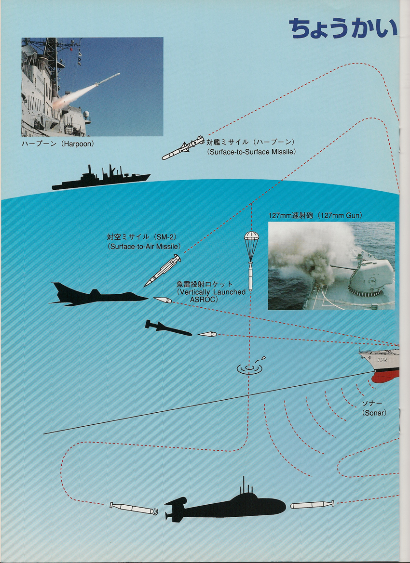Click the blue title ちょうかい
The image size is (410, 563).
[x=343, y=29]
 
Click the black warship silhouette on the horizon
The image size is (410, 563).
[x=101, y=179]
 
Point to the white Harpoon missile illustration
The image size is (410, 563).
[x=183, y=148]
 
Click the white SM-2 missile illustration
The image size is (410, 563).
[x=162, y=270]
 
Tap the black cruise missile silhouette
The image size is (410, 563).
[x=168, y=328]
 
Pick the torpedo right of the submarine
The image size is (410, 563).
[x=312, y=504]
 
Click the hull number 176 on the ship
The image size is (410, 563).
[x=382, y=360]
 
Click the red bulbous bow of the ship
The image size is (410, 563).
[x=386, y=376]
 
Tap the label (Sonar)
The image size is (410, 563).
[x=374, y=413]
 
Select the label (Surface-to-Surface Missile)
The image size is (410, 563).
[x=252, y=152]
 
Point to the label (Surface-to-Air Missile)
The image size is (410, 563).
[x=144, y=247]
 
